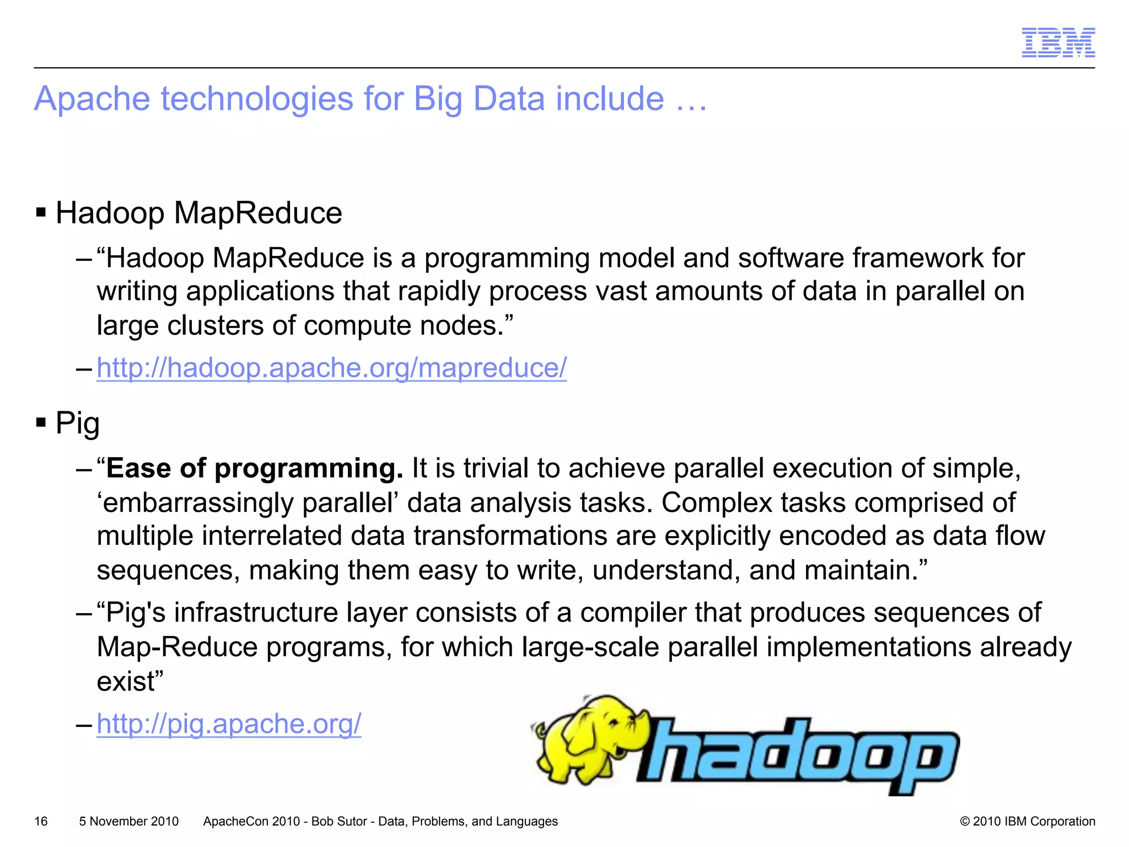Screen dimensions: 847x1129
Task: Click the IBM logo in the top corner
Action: (x=1058, y=42)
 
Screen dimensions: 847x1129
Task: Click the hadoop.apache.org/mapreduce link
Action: (x=331, y=368)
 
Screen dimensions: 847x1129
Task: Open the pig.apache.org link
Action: (x=229, y=723)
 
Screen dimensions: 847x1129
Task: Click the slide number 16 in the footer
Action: (x=41, y=821)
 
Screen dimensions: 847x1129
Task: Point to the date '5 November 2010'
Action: (x=128, y=821)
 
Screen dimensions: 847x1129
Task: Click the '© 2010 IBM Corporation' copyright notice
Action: (x=1027, y=821)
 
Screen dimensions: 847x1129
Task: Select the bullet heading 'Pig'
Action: (x=77, y=423)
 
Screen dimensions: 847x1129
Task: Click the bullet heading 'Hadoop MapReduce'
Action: (x=198, y=213)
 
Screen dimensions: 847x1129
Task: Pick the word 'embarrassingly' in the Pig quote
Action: (x=196, y=503)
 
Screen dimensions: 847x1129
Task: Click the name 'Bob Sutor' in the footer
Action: (x=339, y=821)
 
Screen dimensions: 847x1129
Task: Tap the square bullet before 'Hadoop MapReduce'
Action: (x=41, y=212)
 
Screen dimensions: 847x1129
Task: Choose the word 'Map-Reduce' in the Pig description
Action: (x=177, y=647)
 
